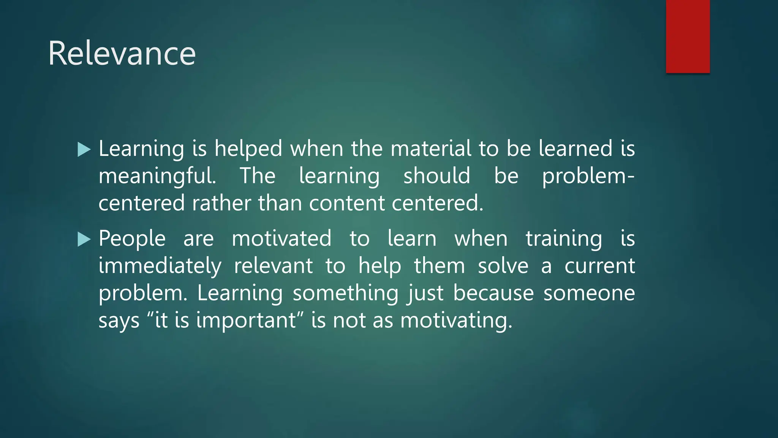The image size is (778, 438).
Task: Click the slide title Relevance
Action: (x=122, y=54)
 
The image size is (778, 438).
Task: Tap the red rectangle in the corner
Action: (x=688, y=36)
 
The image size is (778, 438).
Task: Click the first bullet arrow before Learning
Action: (x=84, y=149)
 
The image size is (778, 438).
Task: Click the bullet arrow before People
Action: (x=84, y=240)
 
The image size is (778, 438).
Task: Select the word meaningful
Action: (x=157, y=176)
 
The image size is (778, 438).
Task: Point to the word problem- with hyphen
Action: (x=588, y=176)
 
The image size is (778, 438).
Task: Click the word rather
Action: (x=221, y=203)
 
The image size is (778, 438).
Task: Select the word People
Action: (x=132, y=240)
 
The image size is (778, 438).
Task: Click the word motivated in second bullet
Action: (x=281, y=239)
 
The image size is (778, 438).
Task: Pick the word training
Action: (x=564, y=240)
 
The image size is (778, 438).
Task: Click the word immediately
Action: (x=160, y=266)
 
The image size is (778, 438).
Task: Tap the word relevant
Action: (x=273, y=266)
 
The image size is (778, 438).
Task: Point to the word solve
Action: (x=503, y=266)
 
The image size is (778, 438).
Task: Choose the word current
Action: (x=599, y=266)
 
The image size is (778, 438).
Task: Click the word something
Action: (x=345, y=294)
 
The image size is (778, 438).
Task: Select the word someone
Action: (x=589, y=294)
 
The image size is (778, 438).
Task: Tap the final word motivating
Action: (x=456, y=321)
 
